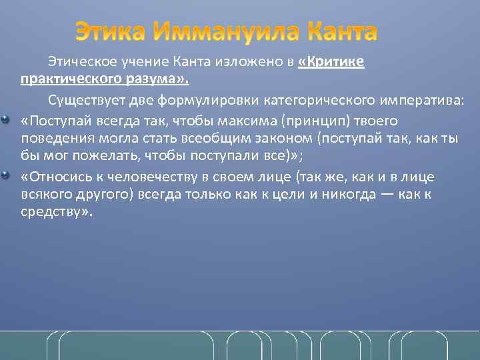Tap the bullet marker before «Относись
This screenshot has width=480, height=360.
click(6, 175)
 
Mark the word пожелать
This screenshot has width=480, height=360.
click(82, 157)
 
